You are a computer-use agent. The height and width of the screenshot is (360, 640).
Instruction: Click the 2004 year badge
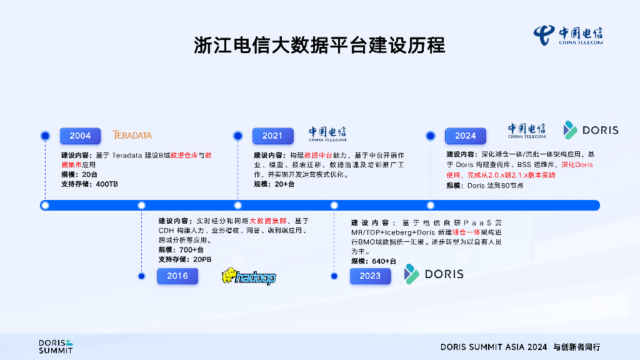click(80, 136)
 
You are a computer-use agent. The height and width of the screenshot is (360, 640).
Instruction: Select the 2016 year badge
click(177, 276)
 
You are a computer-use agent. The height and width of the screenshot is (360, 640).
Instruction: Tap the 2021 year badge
click(272, 136)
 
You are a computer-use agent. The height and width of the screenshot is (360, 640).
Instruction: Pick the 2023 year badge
click(370, 276)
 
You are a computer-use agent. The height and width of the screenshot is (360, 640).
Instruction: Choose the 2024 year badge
click(465, 136)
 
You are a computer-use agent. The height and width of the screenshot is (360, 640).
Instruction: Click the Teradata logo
click(132, 135)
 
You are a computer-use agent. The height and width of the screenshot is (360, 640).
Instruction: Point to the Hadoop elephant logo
click(248, 277)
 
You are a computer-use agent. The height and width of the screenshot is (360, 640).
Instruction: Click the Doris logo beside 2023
click(434, 274)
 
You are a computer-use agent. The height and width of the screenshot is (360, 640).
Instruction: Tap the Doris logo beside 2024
click(591, 130)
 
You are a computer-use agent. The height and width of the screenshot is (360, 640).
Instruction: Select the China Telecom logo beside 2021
click(327, 134)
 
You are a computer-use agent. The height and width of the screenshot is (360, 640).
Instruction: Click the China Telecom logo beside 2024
click(526, 130)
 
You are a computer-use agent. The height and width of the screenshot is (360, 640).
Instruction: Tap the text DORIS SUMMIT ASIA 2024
click(494, 347)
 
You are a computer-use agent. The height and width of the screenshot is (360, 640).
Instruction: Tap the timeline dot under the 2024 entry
click(430, 205)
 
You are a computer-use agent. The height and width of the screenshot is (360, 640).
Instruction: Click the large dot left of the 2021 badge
click(237, 136)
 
